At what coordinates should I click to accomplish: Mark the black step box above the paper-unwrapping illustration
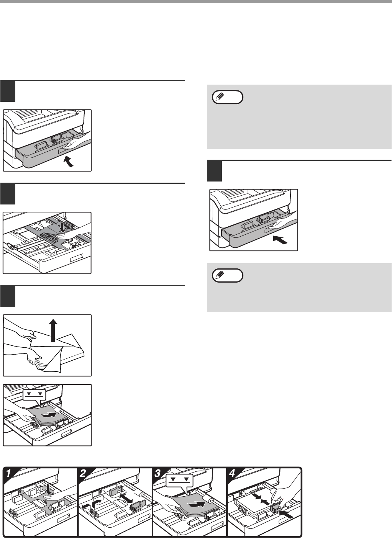click(8, 296)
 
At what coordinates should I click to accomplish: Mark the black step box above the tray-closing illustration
click(214, 171)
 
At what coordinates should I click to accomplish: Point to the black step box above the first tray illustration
click(8, 91)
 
